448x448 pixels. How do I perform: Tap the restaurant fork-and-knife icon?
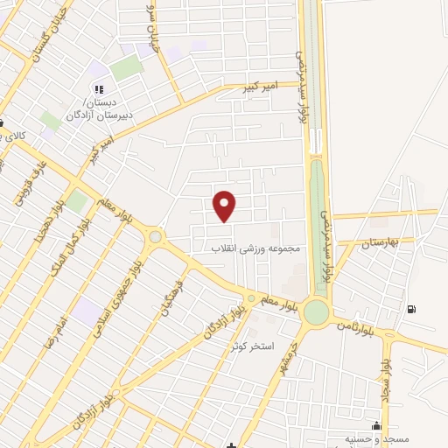98,88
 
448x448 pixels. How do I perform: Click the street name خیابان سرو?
156,32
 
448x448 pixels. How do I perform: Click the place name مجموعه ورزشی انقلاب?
255,248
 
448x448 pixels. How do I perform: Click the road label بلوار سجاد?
386,376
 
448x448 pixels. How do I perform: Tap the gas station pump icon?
411,309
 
